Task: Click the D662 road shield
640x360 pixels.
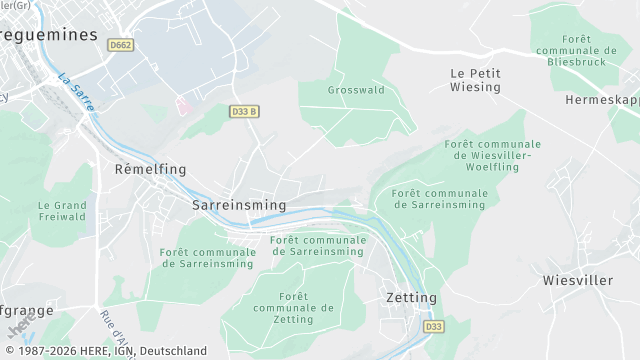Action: (x=121, y=45)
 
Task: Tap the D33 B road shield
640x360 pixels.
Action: (x=244, y=111)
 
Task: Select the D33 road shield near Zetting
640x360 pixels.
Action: (x=433, y=326)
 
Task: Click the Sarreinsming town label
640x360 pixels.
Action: (x=239, y=205)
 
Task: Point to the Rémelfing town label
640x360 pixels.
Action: (x=151, y=169)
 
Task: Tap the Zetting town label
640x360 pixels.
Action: (x=412, y=298)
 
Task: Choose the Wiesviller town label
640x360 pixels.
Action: (x=578, y=281)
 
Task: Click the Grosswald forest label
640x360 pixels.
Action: (x=356, y=90)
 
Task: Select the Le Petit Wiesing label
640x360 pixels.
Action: (x=475, y=80)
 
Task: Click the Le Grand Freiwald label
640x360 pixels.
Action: (x=62, y=211)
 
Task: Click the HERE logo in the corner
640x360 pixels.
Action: (x=19, y=327)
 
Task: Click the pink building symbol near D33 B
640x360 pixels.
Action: (x=182, y=103)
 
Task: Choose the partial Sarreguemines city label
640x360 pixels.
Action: (x=49, y=34)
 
